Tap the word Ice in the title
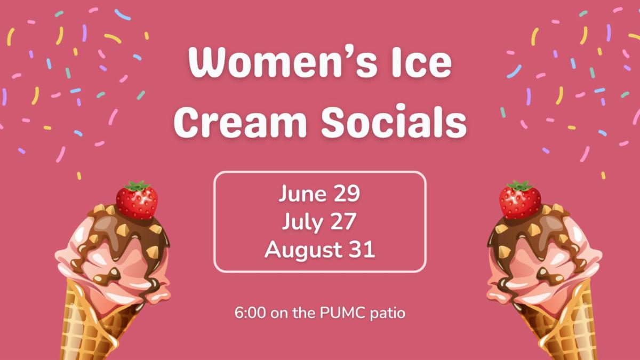pyautogui.click(x=421, y=62)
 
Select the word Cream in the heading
pyautogui.click(x=239, y=122)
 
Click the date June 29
pyautogui.click(x=319, y=194)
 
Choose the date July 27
pyautogui.click(x=319, y=221)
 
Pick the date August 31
pyautogui.click(x=319, y=249)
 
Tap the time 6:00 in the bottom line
pyautogui.click(x=250, y=313)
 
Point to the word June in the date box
pyautogui.click(x=302, y=194)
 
